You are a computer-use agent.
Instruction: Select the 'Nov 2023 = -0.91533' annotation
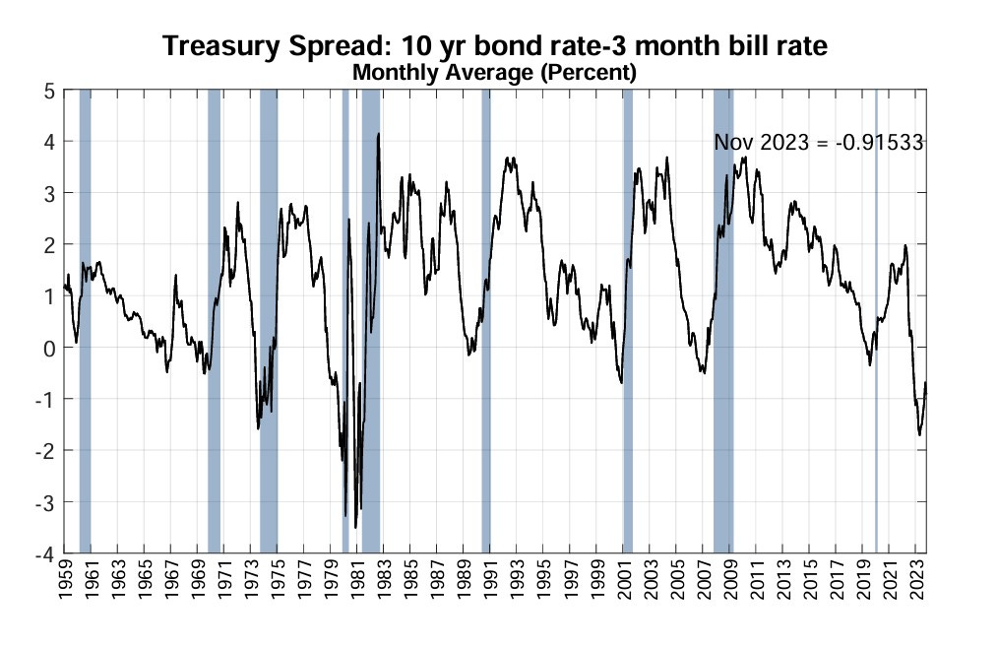pyautogui.click(x=818, y=142)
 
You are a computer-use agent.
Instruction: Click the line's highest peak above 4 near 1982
pyautogui.click(x=378, y=134)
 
